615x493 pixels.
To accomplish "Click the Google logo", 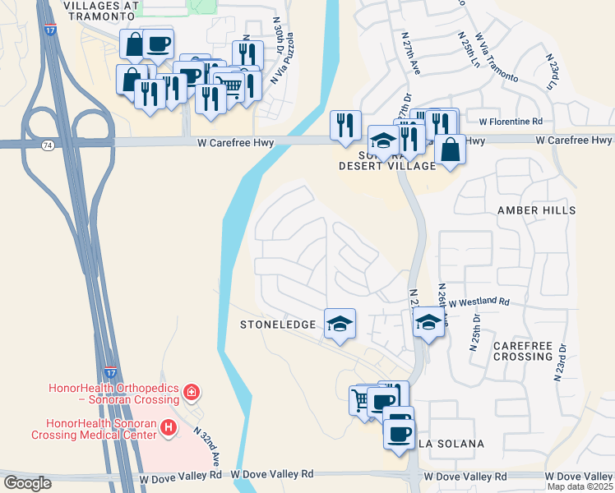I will coord(27,483).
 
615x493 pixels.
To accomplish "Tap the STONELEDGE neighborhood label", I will coord(278,325).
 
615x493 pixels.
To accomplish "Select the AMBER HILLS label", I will coord(537,210).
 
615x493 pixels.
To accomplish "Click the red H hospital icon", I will coord(168,427).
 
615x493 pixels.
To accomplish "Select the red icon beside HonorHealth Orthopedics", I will coord(192,393).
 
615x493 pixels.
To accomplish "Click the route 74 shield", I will coord(47,145).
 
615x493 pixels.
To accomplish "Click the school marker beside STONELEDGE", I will coord(340,323).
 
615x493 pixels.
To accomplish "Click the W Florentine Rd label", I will coord(511,121).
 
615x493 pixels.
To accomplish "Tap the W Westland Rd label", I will coord(479,302).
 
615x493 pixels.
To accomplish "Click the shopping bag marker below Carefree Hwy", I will coord(450,150).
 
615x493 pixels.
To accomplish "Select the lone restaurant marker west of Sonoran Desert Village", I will coord(345,125).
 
